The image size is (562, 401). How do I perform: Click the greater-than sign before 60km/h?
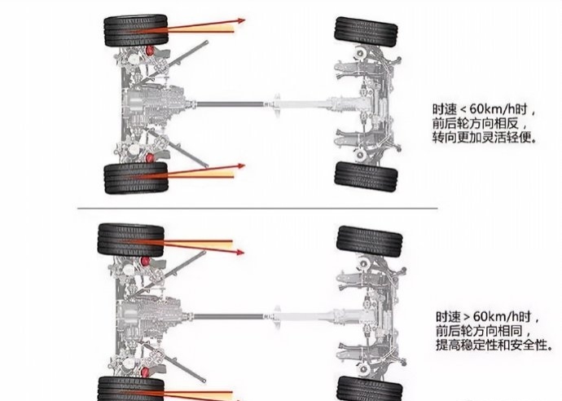pos(467,316)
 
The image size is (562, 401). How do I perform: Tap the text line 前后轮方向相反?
pos(476,123)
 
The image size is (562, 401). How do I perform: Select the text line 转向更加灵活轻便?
pos(485,138)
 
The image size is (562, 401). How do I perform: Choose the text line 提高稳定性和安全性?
pos(494,345)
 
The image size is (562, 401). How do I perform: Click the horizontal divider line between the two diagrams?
pos(257,208)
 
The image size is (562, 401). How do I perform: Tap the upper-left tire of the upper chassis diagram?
pos(136,30)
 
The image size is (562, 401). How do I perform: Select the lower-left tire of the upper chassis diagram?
pos(136,178)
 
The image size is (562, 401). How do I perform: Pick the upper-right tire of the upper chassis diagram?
pos(366,33)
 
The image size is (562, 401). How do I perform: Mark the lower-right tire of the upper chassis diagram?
pos(366,176)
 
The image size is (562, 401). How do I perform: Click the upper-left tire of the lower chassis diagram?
pos(131,240)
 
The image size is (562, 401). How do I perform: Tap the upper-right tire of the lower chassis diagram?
pos(370,241)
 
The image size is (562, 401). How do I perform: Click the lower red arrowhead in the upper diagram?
pos(240,166)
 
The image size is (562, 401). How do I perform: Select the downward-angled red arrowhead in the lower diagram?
pos(239,252)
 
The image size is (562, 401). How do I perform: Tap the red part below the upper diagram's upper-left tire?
pos(150,51)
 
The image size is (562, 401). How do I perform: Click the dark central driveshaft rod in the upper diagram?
pos(230,104)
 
